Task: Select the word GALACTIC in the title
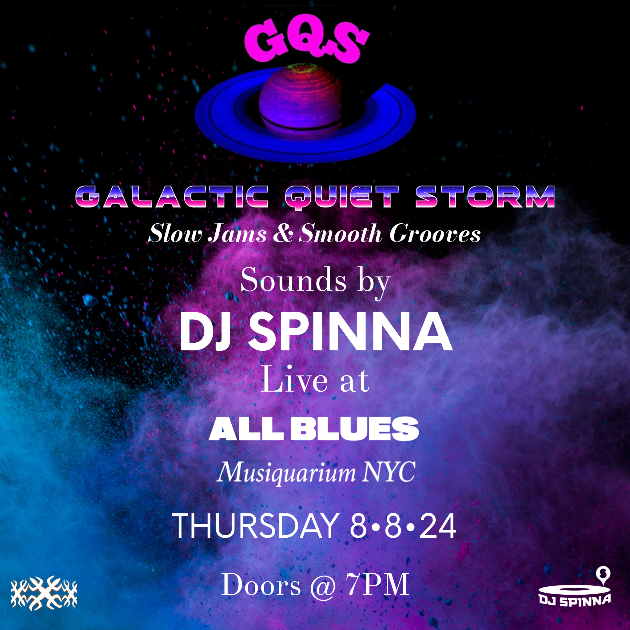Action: (x=172, y=197)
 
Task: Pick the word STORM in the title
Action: (x=485, y=197)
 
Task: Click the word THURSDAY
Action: (x=256, y=526)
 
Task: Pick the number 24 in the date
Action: (x=437, y=526)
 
